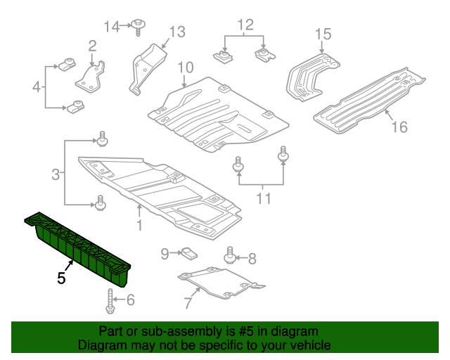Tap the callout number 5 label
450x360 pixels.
coord(62,278)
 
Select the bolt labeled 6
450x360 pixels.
coord(111,302)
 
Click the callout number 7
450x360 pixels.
coord(187,304)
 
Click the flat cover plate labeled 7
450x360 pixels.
coord(218,283)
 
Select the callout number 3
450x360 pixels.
coord(55,172)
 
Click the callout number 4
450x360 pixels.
coord(36,87)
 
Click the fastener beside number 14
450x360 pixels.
coord(139,27)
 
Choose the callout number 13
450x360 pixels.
coord(176,32)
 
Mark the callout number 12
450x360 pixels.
coord(244,27)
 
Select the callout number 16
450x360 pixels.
coord(399,127)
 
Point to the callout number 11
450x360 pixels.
coord(262,199)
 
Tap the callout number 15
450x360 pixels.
coord(322,33)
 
